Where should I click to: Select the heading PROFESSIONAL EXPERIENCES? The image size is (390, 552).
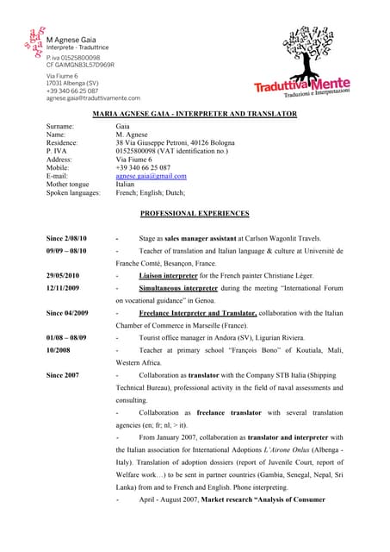195,213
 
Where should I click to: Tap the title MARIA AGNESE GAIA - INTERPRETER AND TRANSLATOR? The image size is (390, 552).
195,114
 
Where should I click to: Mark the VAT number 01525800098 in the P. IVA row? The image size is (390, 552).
139,151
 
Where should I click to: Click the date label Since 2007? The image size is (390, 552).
62,375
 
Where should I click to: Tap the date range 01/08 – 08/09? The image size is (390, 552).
66,337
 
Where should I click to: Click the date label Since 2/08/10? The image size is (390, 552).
66,237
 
